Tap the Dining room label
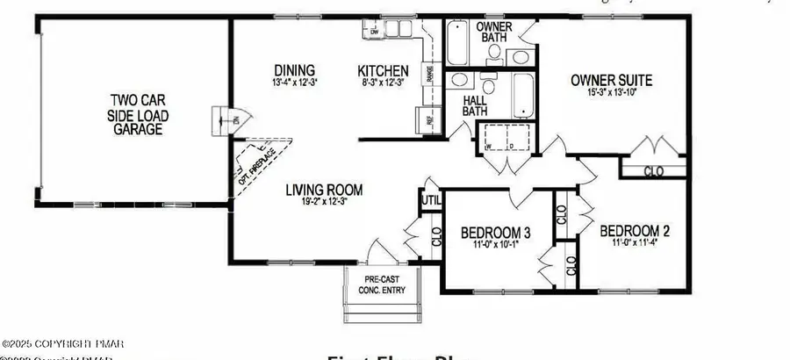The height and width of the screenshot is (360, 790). [x=294, y=70]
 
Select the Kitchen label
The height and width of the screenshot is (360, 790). [x=383, y=70]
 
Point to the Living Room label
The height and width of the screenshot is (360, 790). [x=324, y=189]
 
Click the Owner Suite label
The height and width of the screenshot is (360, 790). [x=612, y=81]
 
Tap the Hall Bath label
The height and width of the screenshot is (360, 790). [x=475, y=105]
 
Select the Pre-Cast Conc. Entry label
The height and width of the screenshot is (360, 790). [x=384, y=285]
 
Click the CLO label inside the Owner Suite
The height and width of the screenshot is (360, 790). [x=653, y=170]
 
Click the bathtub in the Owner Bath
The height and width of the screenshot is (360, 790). [x=459, y=41]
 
